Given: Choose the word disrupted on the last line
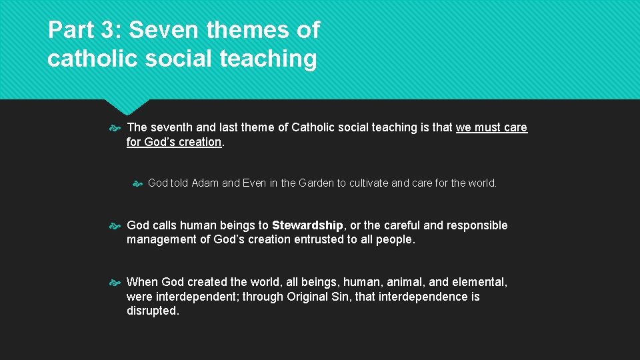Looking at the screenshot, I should coord(152,311).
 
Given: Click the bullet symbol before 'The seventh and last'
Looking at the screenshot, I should coord(114,127).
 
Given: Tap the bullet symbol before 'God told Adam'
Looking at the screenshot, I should coord(137,183).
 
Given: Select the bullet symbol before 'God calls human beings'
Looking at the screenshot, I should coord(114,225).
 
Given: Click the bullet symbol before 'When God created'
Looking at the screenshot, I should coord(114,282).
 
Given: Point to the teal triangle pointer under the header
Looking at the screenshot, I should coord(128,106).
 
